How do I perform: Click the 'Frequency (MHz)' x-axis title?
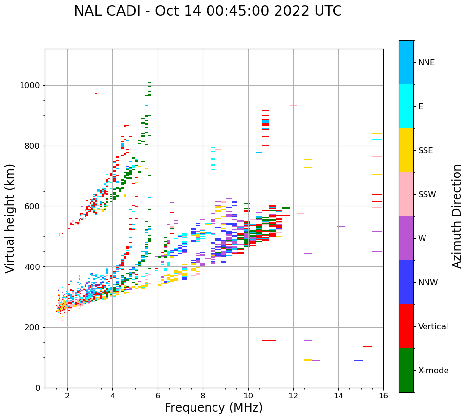(x=213, y=408)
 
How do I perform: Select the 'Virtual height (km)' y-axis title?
(x=10, y=218)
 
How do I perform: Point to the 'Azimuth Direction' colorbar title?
(x=457, y=216)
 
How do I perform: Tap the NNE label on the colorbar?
(x=426, y=63)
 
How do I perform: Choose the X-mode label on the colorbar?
(x=433, y=371)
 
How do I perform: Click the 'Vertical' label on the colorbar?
(x=433, y=327)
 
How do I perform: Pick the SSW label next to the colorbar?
(x=426, y=195)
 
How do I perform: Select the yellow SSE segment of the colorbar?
(x=406, y=150)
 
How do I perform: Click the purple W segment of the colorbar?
(x=406, y=238)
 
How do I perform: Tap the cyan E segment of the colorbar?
(x=406, y=106)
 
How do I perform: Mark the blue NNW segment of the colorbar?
(x=406, y=282)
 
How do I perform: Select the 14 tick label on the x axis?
(x=338, y=396)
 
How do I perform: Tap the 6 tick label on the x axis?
(x=158, y=396)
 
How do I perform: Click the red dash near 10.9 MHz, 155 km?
(x=269, y=340)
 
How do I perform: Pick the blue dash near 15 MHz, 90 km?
(x=359, y=360)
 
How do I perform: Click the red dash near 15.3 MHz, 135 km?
(x=367, y=347)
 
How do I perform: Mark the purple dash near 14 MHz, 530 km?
(x=341, y=227)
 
